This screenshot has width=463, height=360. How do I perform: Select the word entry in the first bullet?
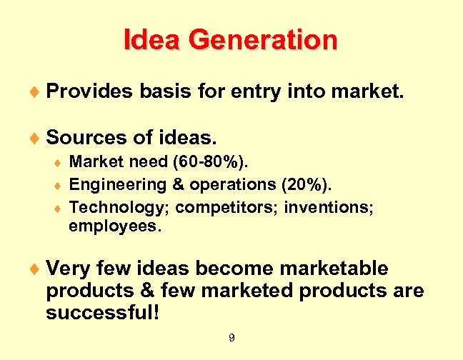tap(272, 91)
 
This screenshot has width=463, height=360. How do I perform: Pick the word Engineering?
tap(117, 185)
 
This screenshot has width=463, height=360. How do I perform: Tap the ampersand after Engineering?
tap(178, 184)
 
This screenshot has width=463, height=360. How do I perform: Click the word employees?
tap(115, 228)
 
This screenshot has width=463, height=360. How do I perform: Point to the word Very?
tap(67, 269)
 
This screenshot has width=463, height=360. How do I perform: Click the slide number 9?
tap(231, 338)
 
